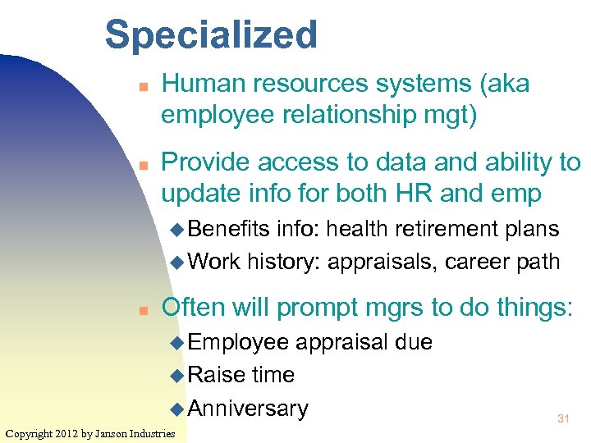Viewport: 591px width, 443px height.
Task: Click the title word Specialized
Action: point(211,35)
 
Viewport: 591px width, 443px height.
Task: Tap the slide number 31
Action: point(563,419)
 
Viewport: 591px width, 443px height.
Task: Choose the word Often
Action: point(195,307)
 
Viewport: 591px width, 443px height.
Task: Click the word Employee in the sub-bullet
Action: point(238,341)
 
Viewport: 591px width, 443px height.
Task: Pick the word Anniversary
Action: point(248,408)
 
